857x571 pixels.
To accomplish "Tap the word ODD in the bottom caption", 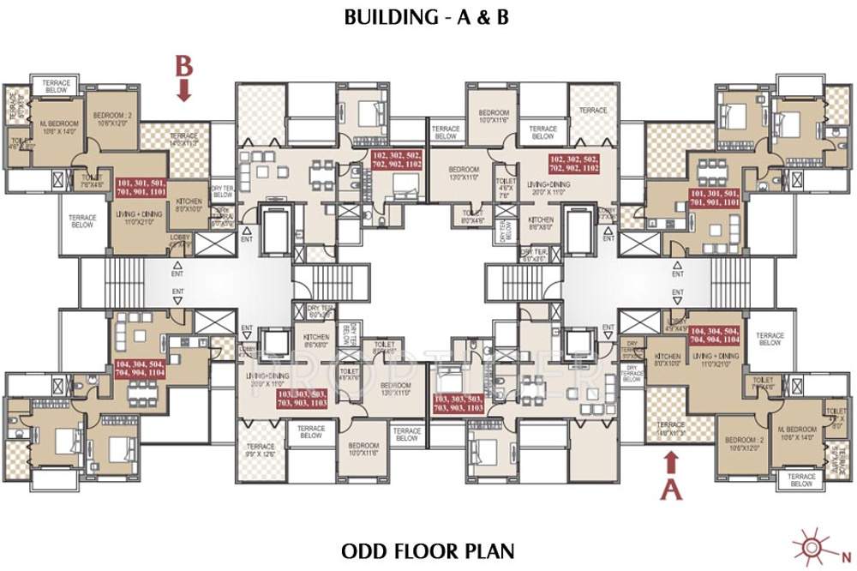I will [x=363, y=549].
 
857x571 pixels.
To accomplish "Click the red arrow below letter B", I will [x=183, y=90].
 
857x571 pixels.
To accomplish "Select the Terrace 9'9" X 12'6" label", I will [x=260, y=449].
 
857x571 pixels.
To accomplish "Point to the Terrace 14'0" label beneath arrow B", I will [x=183, y=140].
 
